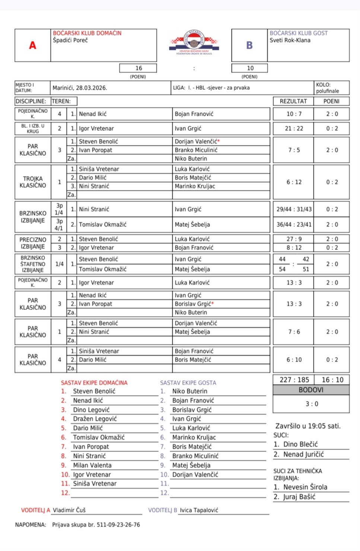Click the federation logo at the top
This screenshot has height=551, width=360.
194,43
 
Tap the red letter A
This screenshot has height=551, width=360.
33,45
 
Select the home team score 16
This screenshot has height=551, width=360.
138,68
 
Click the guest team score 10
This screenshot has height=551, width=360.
250,68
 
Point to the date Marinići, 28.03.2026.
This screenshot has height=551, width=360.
80,88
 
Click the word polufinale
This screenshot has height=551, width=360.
327,91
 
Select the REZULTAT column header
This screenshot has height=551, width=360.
293,101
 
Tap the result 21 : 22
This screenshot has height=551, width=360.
294,129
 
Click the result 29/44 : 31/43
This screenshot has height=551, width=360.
294,209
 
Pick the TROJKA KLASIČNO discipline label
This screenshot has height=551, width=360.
33,182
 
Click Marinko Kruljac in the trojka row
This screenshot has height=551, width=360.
195,186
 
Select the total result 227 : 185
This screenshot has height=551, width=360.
294,380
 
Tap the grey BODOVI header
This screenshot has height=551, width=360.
311,390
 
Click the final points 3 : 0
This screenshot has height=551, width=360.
312,404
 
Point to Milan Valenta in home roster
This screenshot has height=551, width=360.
92,465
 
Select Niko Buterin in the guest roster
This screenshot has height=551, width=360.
189,391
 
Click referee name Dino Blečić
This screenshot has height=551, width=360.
300,444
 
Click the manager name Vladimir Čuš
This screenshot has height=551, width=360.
69,510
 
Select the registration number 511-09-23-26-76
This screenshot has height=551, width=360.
118,525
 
